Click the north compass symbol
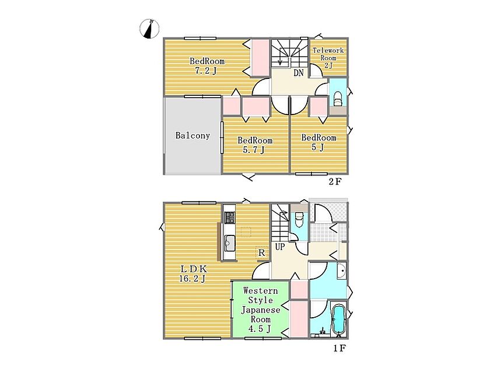pos(149,29)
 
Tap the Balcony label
pos(192,136)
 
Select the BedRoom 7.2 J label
pos(207,65)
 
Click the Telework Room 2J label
pos(328,58)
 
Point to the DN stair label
pos(299,73)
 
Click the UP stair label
pos(280,247)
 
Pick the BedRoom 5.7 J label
pos(255,145)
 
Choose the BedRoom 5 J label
pos(318,143)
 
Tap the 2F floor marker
pos(335,181)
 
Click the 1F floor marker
pos(339,348)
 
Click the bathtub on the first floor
pos(338,320)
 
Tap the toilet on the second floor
pos(338,99)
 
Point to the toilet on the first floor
pos(299,220)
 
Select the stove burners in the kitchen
pos(230,217)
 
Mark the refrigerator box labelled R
pos(262,253)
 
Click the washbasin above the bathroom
pos(341,271)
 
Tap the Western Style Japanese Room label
pos(260,310)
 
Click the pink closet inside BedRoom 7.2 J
pos(260,58)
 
